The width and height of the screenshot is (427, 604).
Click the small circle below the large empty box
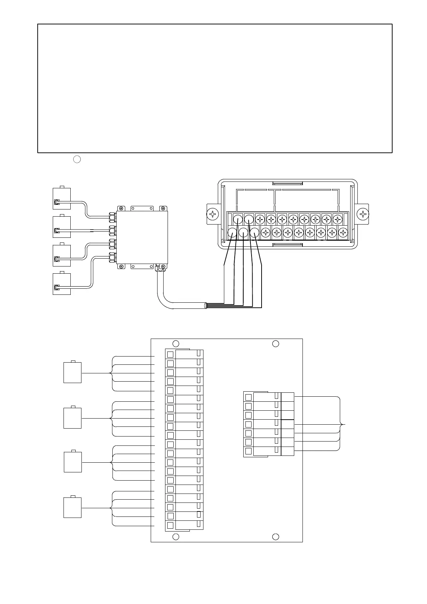tap(77, 159)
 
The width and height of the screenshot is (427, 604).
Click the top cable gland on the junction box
tap(112, 217)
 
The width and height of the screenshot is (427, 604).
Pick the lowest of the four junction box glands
tap(112, 257)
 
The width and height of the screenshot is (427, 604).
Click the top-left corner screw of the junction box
tap(121, 208)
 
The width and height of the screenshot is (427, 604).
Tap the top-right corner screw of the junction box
tap(163, 208)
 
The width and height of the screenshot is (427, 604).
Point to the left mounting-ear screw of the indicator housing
tap(213, 214)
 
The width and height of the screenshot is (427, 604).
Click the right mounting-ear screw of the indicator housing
tap(363, 214)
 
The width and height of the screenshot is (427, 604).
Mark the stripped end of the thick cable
tap(206, 306)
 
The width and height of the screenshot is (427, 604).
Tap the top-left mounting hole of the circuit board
tap(176, 343)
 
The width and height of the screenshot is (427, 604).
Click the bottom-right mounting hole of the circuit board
tap(276, 537)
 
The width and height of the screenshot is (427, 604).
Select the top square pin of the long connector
tap(170, 354)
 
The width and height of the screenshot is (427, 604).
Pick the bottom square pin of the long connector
tap(170, 525)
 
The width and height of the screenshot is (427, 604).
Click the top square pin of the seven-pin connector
tap(248, 397)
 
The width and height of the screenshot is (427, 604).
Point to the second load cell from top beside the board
tap(72, 418)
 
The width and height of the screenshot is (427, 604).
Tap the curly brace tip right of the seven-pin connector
tap(345, 424)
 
